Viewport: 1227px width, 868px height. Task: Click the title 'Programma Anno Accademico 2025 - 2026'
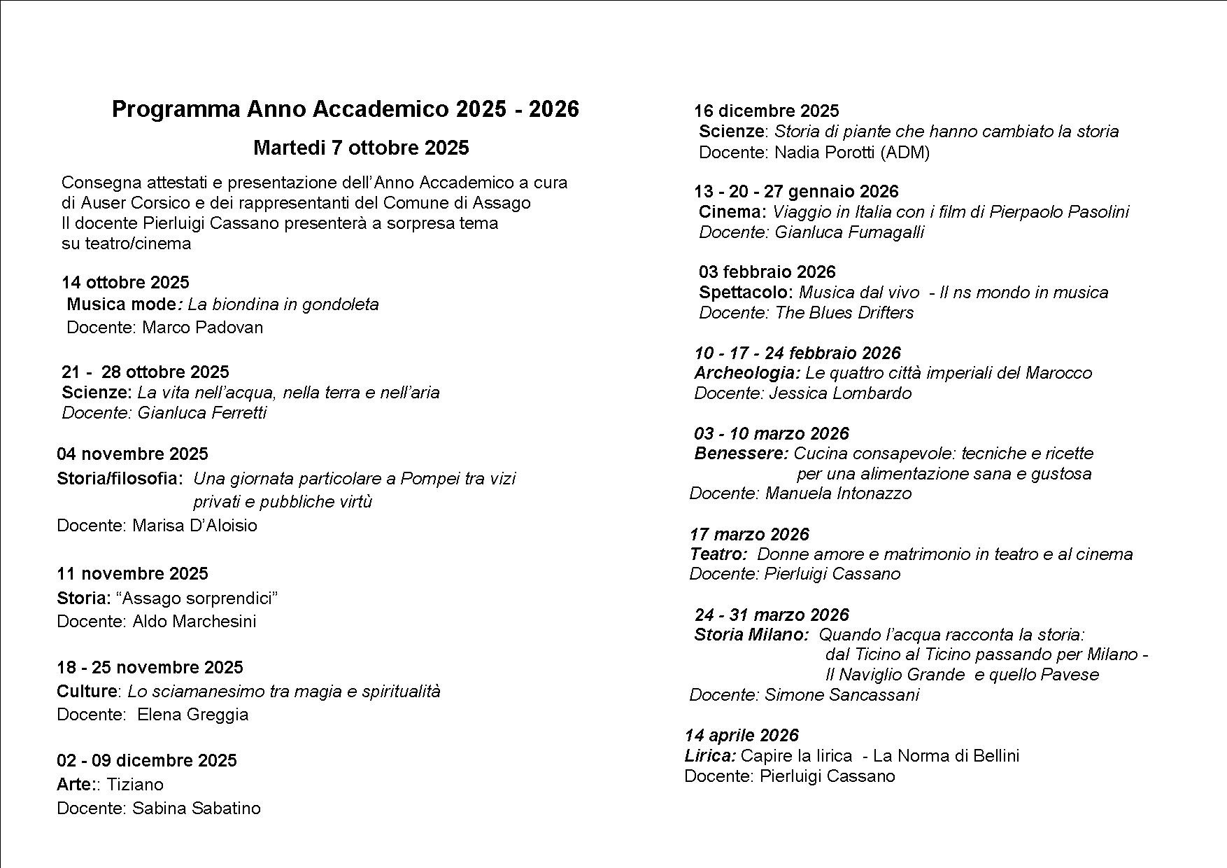pos(346,110)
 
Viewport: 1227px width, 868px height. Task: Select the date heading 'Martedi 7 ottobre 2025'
pos(361,148)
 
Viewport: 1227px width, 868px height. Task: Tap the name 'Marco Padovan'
pos(203,328)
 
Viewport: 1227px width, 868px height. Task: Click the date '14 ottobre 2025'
pos(125,283)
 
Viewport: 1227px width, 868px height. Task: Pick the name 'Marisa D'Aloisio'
pos(195,526)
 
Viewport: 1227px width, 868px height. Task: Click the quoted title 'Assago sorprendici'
pos(197,598)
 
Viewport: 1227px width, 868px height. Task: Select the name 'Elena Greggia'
pos(193,715)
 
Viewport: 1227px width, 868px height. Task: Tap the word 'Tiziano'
pos(135,785)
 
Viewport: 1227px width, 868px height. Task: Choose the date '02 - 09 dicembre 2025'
pos(147,761)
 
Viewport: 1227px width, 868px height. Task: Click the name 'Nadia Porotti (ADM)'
pos(852,153)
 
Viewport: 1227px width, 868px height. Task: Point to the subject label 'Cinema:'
pos(732,212)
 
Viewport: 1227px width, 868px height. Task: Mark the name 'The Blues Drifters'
pos(844,313)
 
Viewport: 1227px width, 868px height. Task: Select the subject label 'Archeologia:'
pos(747,373)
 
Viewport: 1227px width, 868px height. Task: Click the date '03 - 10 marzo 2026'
pos(772,434)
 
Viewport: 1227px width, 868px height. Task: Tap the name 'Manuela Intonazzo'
pos(839,493)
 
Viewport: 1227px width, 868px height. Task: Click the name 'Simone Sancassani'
pos(842,695)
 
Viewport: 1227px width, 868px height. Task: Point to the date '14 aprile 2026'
pos(742,736)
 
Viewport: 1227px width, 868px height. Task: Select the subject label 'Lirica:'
pos(710,756)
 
